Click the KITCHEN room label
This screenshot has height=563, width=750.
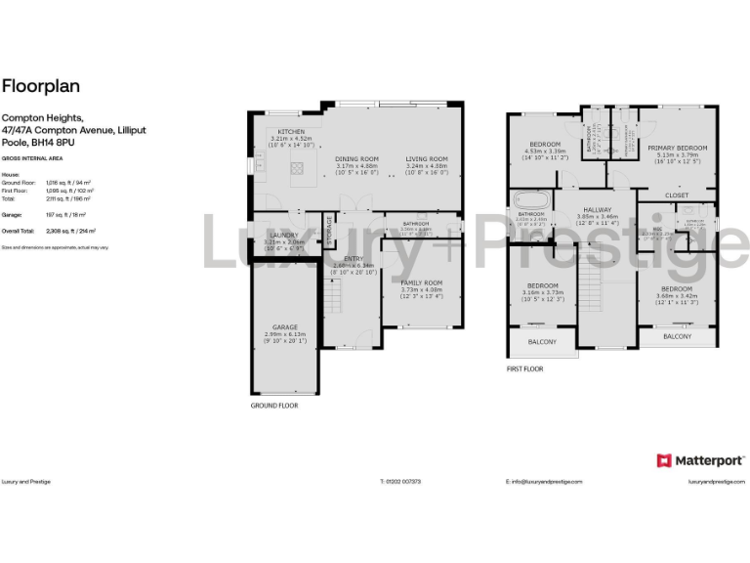[x=291, y=132]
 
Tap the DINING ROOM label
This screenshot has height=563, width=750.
[x=356, y=158]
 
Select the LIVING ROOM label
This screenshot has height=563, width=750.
[x=427, y=158]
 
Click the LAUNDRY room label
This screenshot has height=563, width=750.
[x=284, y=235]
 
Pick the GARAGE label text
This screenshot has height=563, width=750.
[x=285, y=327]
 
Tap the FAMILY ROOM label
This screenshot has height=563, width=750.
[x=421, y=282]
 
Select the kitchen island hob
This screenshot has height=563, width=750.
[x=296, y=170]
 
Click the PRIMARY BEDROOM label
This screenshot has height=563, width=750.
[x=678, y=147]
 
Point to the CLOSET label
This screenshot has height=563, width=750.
[x=677, y=195]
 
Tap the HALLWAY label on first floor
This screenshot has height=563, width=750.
[x=597, y=209]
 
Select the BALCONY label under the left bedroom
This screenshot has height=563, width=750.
[x=542, y=341]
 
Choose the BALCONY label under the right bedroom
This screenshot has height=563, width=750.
[x=677, y=336]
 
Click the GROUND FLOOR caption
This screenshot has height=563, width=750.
[x=274, y=405]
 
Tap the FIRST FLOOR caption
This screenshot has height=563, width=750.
[x=524, y=369]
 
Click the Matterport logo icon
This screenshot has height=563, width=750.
[x=663, y=459]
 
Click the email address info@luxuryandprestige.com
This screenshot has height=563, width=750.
[x=544, y=482]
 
